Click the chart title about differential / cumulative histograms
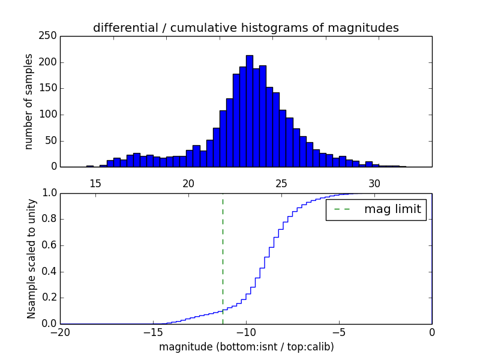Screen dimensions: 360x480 tap(245, 28)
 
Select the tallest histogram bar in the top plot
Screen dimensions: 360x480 tap(249, 111)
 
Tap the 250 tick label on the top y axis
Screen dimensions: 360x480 tap(50, 36)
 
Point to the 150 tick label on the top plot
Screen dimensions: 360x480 tap(50, 88)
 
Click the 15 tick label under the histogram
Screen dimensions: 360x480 tap(95, 183)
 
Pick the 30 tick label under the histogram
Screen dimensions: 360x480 tap(374, 183)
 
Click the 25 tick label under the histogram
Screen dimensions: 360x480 tap(281, 183)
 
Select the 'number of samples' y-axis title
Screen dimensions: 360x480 tap(29, 101)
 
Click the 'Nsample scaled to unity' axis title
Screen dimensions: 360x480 tap(31, 258)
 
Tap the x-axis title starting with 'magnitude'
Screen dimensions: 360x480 tap(246, 347)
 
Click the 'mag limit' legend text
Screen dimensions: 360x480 tap(392, 209)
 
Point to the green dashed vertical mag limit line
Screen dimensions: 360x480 tap(223, 258)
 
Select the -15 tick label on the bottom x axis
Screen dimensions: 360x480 tap(153, 332)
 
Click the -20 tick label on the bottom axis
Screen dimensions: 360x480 tap(60, 332)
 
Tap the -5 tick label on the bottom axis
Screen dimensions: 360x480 tap(339, 332)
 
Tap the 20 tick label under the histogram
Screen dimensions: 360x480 tap(188, 183)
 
